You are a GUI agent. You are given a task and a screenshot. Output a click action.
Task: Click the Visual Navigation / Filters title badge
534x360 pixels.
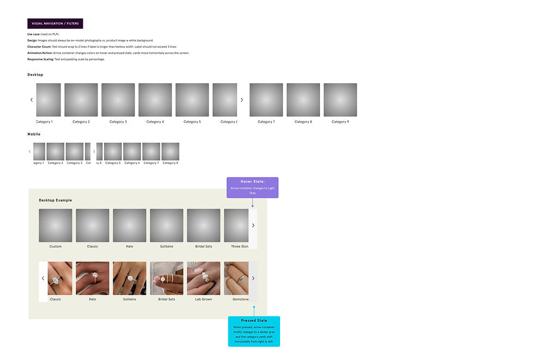tap(55, 23)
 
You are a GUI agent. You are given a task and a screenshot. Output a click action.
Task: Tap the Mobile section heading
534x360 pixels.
tap(34, 134)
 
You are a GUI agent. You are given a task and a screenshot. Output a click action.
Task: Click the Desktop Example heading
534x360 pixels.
tap(55, 200)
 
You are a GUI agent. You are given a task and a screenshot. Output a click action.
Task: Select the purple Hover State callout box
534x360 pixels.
tap(252, 187)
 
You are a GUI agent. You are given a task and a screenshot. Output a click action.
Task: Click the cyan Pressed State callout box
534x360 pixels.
tap(254, 331)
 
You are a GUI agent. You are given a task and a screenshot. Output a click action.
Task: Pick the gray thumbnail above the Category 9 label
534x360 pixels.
tap(340, 100)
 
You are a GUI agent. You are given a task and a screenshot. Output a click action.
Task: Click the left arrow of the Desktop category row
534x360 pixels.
tap(32, 100)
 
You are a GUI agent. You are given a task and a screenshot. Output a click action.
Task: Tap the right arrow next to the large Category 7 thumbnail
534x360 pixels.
tap(242, 100)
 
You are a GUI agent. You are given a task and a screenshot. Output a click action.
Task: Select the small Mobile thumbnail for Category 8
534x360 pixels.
tap(170, 151)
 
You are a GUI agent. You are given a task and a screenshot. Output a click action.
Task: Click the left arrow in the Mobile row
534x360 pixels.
tap(30, 151)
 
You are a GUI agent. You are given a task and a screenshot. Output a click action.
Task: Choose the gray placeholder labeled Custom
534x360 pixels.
tap(56, 225)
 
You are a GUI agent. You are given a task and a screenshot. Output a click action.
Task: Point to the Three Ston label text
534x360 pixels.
tap(240, 247)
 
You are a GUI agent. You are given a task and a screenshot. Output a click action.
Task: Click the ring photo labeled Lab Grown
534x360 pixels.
tap(204, 278)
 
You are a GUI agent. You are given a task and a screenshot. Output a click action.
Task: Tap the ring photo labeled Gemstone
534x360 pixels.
tap(236, 278)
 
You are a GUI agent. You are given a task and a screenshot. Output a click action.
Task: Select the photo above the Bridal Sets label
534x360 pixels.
tap(167, 278)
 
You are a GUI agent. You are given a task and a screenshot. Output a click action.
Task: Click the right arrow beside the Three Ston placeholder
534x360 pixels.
tap(253, 225)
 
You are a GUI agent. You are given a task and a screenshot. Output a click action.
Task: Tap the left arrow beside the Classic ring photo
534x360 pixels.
tap(43, 278)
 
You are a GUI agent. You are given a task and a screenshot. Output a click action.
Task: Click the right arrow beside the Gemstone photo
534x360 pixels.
tap(253, 278)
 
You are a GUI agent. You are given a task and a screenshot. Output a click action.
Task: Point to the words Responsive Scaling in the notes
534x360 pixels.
tap(40, 59)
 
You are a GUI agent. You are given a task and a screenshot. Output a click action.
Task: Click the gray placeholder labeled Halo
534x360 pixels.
tap(130, 225)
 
